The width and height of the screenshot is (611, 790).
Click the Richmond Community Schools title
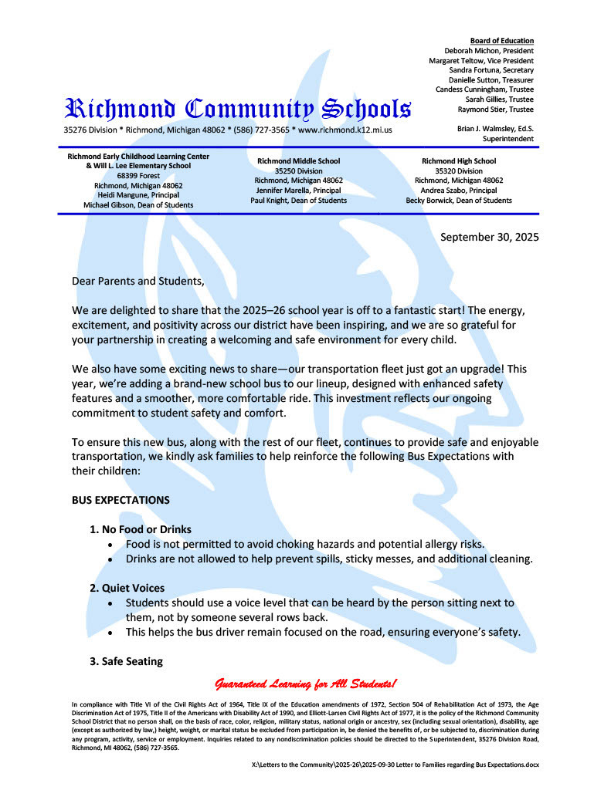coord(237,109)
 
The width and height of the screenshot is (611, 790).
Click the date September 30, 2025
coord(490,236)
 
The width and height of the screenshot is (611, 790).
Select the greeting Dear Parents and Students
coord(138,281)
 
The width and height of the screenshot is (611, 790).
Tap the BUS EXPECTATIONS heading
coord(121,500)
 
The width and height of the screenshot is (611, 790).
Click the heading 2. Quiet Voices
coord(127,588)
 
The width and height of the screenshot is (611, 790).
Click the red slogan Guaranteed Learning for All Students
coord(306,684)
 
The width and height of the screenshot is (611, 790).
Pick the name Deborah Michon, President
coord(489,50)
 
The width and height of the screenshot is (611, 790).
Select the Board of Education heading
coord(501,40)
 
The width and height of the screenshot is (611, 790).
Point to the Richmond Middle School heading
coord(298,160)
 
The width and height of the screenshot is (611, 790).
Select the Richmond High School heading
coord(458,160)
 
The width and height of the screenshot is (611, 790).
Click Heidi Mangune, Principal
coord(138,195)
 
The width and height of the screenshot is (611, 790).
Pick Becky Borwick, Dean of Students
coord(458,200)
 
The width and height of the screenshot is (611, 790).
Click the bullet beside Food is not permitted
coord(113,545)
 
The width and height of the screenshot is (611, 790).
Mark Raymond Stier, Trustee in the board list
coord(495,109)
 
